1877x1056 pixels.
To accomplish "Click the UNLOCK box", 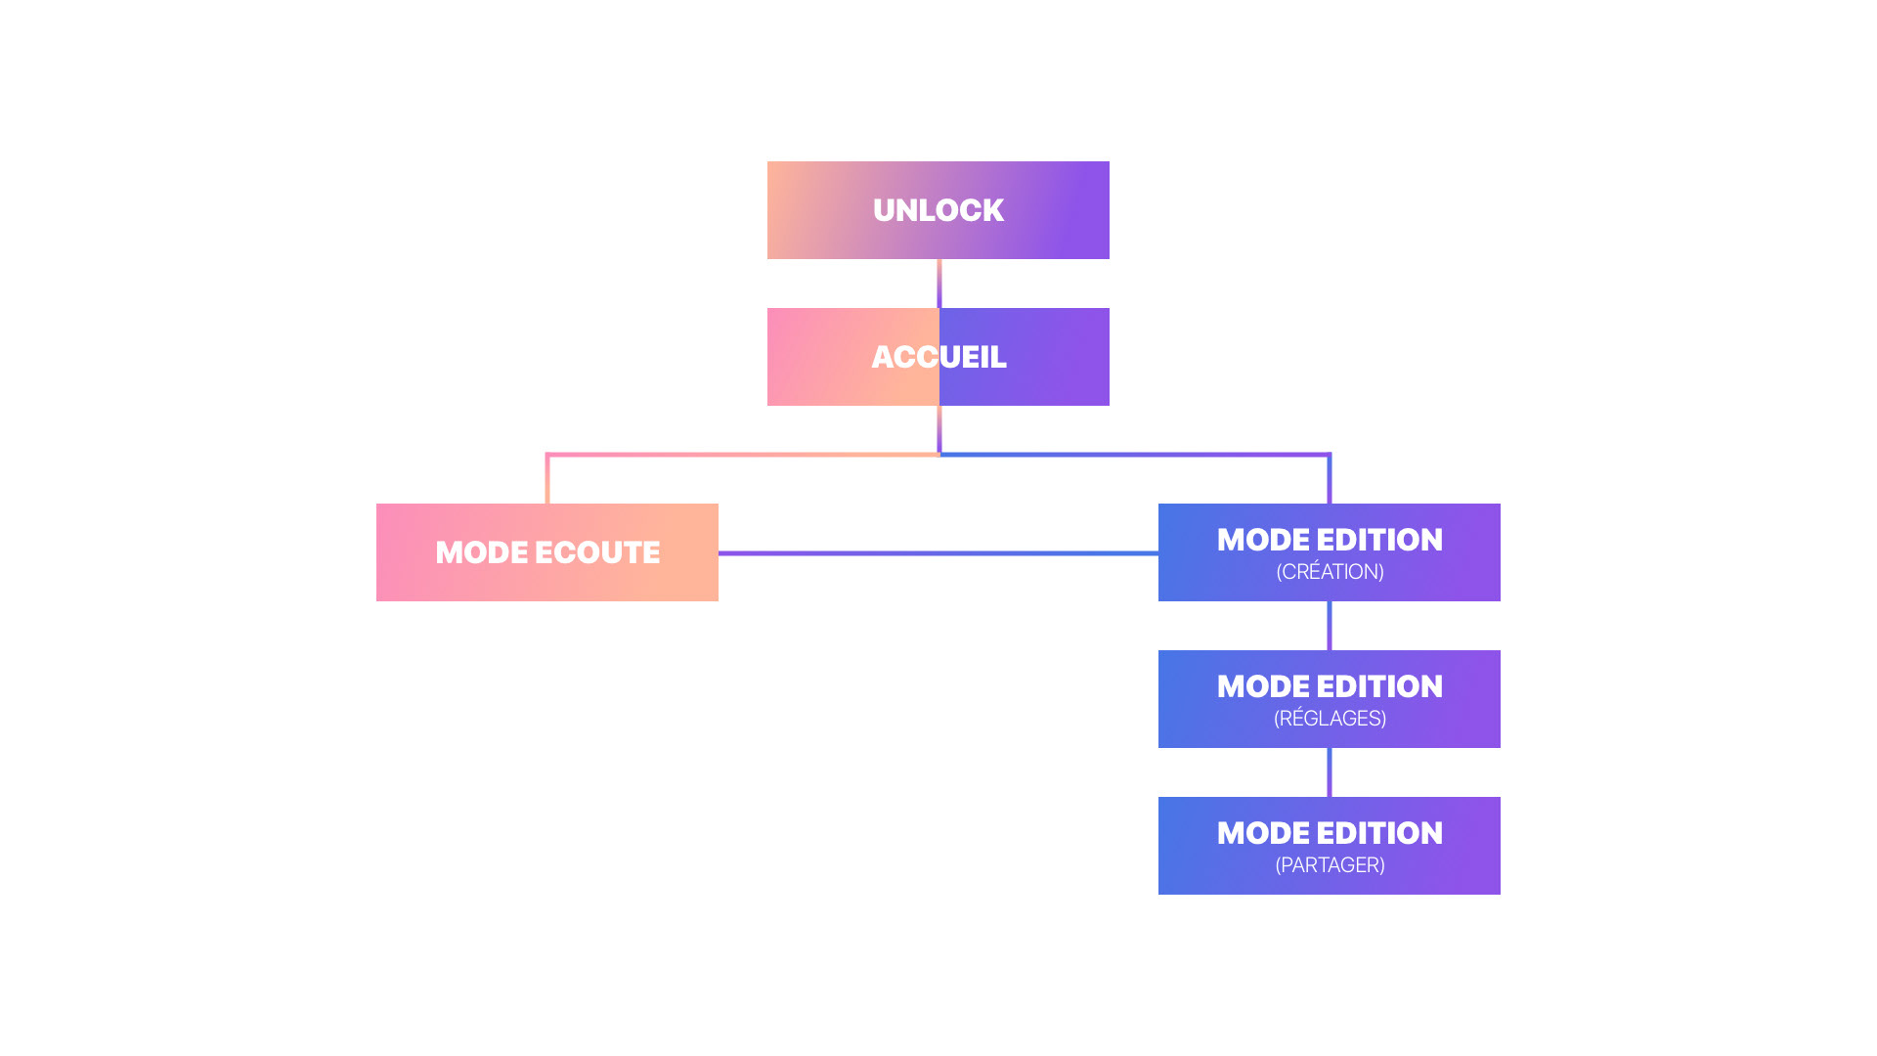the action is pos(938,210).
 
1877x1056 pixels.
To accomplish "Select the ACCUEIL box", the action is pos(938,357).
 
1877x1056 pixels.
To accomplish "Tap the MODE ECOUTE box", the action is pos(547,552).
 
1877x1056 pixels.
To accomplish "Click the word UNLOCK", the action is pos(938,210).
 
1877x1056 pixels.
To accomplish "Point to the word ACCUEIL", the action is pos(938,357).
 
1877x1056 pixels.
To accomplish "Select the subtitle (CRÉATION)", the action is pos(1330,572).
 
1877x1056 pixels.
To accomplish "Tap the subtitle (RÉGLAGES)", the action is pos(1330,719).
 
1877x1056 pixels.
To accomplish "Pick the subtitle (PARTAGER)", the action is pos(1330,865).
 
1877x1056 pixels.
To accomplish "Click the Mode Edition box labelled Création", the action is pos(1330,552).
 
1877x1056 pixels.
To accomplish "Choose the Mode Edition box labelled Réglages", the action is pos(1330,699).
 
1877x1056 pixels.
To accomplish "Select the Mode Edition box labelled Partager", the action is pos(1330,846).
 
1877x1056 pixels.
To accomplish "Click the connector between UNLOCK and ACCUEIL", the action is pos(939,284).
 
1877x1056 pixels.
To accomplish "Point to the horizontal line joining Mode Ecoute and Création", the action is pos(938,553).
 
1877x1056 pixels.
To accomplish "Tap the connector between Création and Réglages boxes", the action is pos(1330,626).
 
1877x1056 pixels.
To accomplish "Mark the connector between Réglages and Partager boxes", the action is pos(1330,772).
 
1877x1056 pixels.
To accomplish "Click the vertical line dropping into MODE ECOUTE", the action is pos(547,479).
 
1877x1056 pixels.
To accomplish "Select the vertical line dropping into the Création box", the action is pos(1330,479).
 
